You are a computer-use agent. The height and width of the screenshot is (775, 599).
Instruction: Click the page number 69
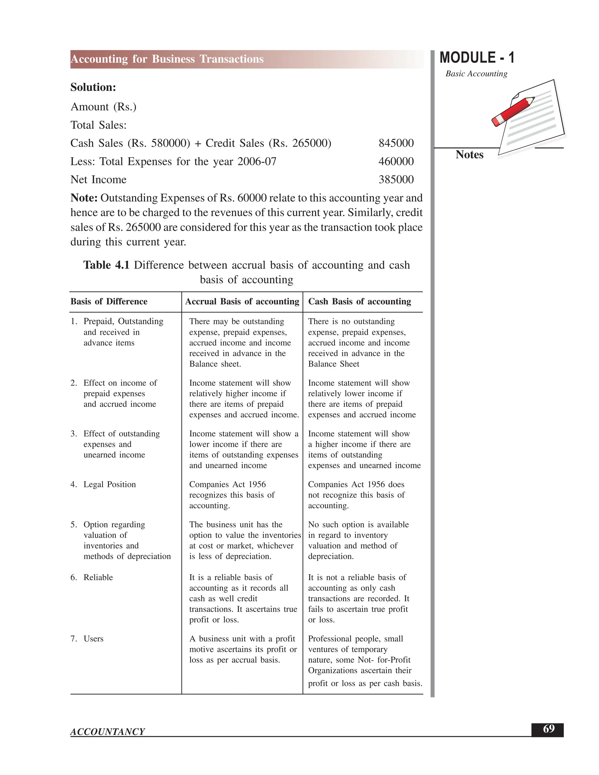(548, 729)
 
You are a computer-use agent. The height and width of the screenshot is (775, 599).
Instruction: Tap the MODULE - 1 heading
(476, 58)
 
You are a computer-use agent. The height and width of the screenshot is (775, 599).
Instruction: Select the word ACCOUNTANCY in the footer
(108, 732)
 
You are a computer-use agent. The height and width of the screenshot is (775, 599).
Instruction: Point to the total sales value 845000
(396, 143)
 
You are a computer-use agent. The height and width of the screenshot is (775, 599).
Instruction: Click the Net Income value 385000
(396, 179)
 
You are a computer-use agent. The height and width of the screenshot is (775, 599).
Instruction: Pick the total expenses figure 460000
(396, 161)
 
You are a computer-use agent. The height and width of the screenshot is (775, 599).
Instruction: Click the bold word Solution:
(93, 87)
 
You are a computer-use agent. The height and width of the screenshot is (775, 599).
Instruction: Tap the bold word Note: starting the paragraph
(84, 198)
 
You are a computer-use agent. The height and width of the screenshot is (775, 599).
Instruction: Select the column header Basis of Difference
(109, 301)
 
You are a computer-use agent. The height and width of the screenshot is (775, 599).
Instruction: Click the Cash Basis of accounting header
(359, 301)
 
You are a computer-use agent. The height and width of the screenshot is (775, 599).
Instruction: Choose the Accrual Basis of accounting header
(242, 301)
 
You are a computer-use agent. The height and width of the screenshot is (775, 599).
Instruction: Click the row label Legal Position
(109, 484)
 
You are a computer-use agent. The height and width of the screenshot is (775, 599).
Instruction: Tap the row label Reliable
(98, 577)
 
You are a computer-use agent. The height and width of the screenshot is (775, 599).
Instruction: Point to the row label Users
(93, 639)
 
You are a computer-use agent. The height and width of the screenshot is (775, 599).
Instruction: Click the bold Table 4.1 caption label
(106, 265)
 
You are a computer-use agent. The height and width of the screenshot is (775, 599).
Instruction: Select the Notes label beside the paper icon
(469, 155)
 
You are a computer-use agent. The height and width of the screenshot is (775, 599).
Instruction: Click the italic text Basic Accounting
(476, 73)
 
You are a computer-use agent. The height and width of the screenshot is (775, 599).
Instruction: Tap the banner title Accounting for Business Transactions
(167, 59)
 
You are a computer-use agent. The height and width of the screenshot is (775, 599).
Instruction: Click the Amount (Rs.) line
(103, 106)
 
